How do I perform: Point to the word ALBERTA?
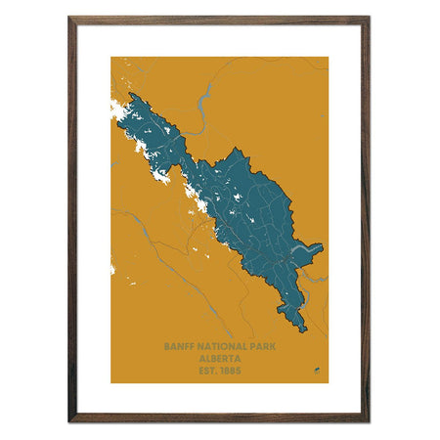[219, 358]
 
